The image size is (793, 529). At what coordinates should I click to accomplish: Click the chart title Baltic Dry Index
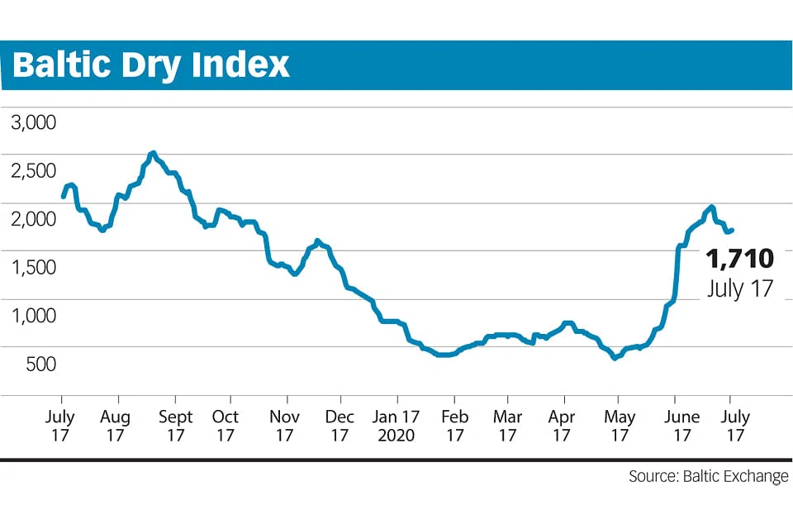click(151, 64)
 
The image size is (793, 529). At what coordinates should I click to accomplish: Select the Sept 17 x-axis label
click(174, 426)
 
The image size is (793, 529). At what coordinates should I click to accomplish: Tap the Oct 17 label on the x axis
click(225, 426)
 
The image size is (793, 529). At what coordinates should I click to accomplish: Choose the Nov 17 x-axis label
click(284, 426)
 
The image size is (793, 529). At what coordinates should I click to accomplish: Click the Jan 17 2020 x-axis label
click(396, 426)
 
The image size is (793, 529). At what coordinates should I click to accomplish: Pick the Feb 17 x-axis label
click(453, 426)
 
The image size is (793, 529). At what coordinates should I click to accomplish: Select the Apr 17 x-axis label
click(562, 426)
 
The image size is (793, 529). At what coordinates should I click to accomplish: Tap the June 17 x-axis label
click(681, 426)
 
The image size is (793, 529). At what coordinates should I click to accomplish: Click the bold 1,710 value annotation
click(740, 259)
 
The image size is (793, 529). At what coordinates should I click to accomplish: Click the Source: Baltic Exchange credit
click(708, 477)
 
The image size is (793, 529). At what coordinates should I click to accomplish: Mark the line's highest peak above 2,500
click(153, 153)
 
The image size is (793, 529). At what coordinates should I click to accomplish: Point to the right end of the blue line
click(732, 230)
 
